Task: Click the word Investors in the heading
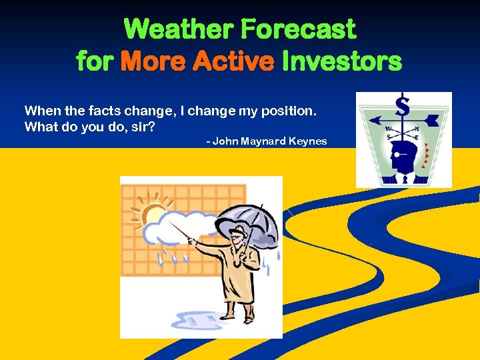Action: [x=342, y=62]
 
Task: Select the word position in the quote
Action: [x=291, y=111]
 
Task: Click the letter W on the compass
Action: [x=387, y=129]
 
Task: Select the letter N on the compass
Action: [x=417, y=129]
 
